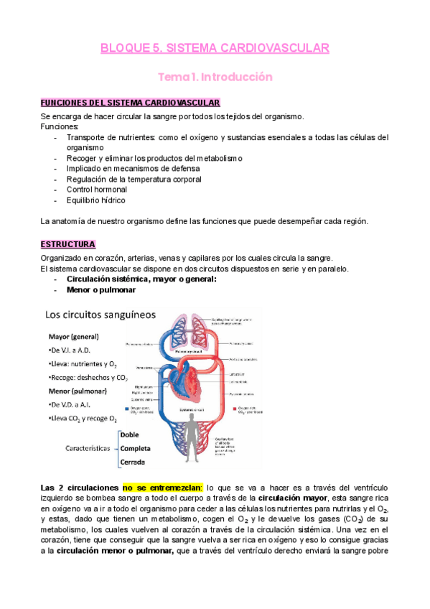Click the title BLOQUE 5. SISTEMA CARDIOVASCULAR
tap(215, 48)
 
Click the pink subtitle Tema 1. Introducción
tap(215, 76)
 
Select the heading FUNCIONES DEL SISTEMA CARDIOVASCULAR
tap(130, 103)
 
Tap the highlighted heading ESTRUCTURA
tap(69, 244)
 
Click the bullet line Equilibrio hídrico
tap(95, 200)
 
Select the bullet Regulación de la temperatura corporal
tap(134, 179)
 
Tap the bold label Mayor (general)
tap(73, 336)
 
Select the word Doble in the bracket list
tap(131, 434)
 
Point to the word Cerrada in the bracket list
tap(136, 461)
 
